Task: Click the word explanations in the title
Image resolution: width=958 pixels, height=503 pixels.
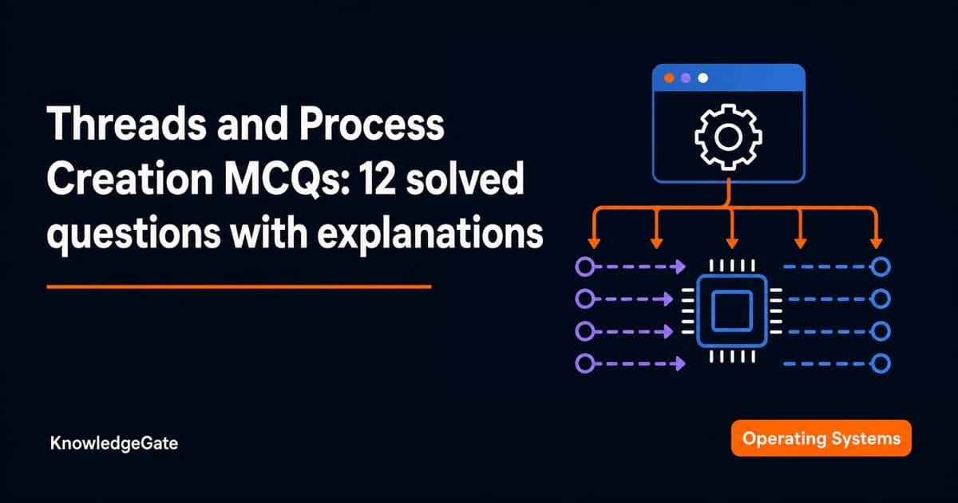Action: [430, 234]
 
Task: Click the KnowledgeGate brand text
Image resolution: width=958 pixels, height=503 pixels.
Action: [113, 443]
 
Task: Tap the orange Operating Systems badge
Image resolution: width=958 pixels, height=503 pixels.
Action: [821, 438]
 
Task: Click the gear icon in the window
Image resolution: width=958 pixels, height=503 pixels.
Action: [728, 137]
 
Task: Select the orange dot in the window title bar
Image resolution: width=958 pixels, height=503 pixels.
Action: [669, 78]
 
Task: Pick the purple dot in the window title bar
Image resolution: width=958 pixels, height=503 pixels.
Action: [686, 78]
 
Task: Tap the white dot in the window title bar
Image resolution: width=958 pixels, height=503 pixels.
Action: [703, 78]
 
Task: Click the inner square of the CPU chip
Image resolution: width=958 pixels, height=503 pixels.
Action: [732, 311]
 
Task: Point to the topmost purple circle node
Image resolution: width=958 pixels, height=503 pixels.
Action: [584, 267]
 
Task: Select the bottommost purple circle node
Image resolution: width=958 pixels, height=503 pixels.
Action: [584, 364]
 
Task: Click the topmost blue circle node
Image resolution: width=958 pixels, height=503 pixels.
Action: [881, 267]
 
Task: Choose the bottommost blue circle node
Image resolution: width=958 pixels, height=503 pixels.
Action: [881, 364]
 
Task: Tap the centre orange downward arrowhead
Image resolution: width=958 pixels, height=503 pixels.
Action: [732, 243]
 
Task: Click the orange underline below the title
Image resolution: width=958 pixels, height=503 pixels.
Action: [239, 287]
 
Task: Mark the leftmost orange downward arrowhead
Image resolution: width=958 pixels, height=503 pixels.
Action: [594, 243]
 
